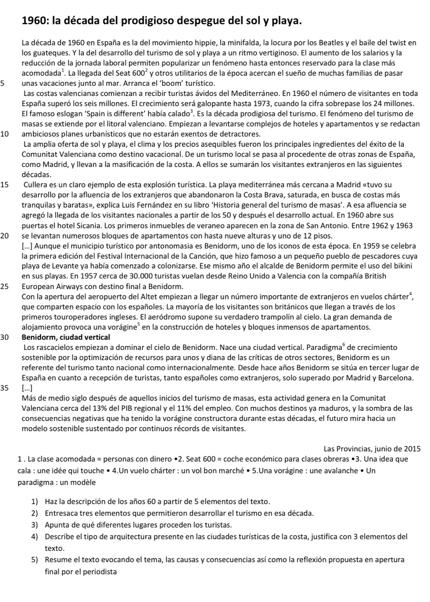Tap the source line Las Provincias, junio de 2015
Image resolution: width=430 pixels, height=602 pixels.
coord(372,449)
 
